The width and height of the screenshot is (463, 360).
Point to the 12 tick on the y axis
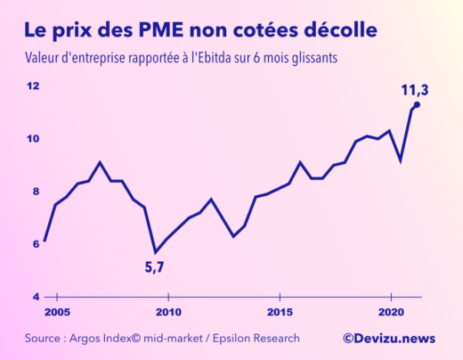click(x=34, y=86)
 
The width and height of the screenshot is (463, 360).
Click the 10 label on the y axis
click(x=34, y=138)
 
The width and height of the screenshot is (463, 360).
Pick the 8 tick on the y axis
click(x=36, y=191)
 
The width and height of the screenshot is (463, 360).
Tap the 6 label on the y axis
click(x=36, y=243)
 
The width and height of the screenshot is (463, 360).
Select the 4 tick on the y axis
click(x=36, y=296)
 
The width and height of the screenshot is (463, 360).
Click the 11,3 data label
click(x=415, y=89)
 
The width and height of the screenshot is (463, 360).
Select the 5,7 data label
click(x=155, y=266)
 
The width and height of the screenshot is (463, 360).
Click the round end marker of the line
click(x=417, y=104)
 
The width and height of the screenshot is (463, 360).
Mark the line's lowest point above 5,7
click(x=156, y=252)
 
